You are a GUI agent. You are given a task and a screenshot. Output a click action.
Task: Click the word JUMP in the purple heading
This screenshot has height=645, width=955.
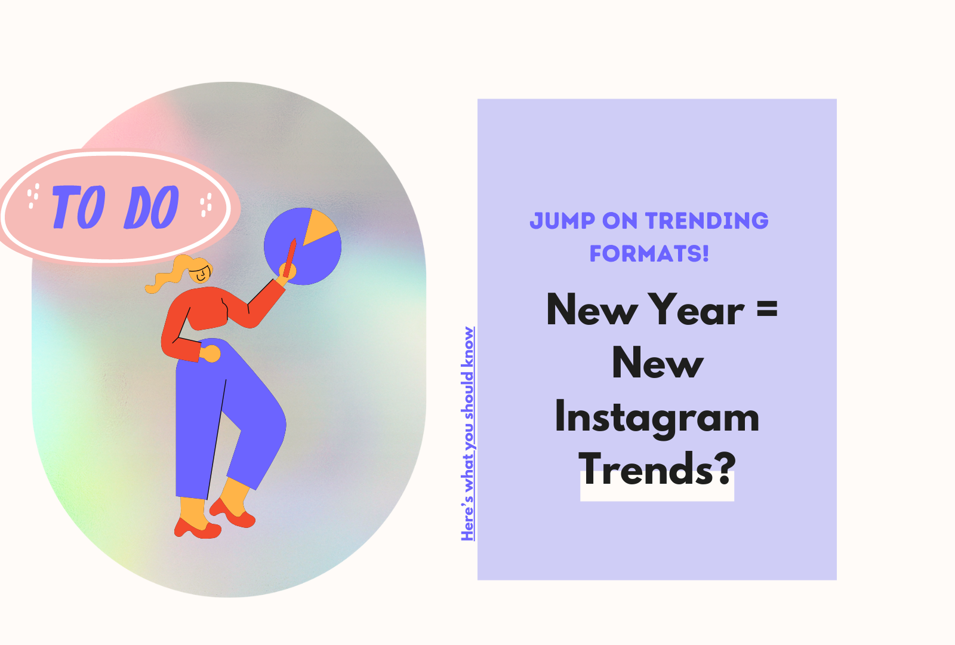562,221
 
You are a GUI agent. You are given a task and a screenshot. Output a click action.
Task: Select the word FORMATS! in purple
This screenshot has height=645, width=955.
649,254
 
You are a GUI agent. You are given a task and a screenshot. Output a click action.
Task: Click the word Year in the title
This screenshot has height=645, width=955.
697,311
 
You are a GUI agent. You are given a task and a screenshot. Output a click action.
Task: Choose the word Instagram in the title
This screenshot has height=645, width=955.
657,417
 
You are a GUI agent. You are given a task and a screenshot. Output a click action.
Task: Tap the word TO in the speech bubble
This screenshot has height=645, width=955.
78,207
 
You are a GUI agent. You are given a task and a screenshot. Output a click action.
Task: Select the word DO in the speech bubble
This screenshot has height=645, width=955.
152,207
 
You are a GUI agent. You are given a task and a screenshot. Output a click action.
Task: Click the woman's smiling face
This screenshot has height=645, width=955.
201,274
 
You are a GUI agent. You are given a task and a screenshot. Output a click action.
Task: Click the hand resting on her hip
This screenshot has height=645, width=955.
210,354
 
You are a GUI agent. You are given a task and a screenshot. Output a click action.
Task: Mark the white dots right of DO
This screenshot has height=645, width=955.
206,204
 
